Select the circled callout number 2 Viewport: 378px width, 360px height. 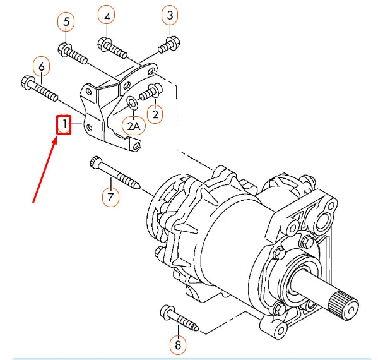154,114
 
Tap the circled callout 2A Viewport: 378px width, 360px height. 134,126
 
